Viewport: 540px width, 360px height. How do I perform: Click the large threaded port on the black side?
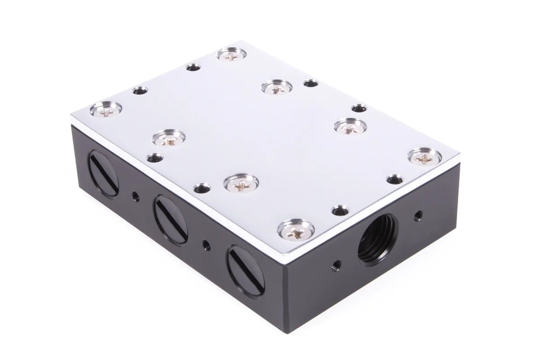[378, 238]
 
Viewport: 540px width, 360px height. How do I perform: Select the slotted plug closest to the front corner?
[245, 270]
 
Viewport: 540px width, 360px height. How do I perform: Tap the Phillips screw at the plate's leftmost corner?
[106, 109]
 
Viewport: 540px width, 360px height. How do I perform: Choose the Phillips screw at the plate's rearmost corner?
[231, 55]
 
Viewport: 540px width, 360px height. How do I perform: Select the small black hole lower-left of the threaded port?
[335, 263]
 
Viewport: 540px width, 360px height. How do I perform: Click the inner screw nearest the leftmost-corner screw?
[168, 138]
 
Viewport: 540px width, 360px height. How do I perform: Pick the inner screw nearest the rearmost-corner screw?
[276, 87]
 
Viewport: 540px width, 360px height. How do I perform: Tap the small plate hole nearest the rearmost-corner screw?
[193, 68]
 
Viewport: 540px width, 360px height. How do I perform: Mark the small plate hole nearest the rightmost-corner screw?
[395, 179]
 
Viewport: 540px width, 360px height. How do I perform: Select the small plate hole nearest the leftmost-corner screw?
[140, 91]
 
